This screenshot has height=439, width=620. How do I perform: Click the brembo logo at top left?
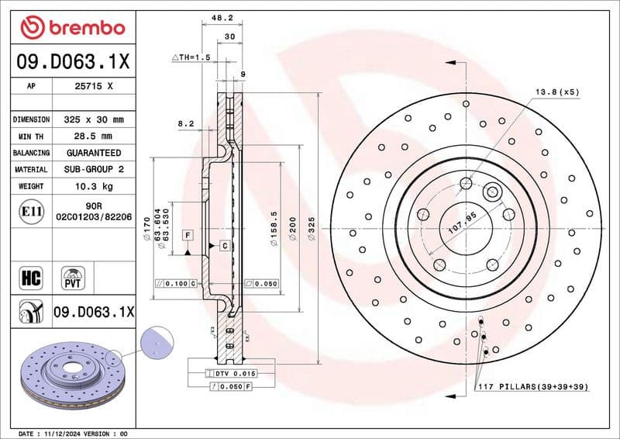(x=72, y=28)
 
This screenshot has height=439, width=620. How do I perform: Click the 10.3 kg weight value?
(x=94, y=186)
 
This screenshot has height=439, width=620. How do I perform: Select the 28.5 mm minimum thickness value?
(x=94, y=137)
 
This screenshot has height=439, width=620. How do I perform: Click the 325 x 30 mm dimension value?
(x=94, y=119)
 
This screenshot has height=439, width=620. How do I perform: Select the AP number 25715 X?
(x=94, y=87)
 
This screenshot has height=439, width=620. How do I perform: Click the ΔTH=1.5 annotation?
(x=191, y=57)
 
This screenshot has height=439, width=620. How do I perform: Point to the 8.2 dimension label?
(x=186, y=123)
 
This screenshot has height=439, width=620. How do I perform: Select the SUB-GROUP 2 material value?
(x=94, y=169)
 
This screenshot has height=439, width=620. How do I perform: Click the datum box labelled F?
(x=188, y=233)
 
